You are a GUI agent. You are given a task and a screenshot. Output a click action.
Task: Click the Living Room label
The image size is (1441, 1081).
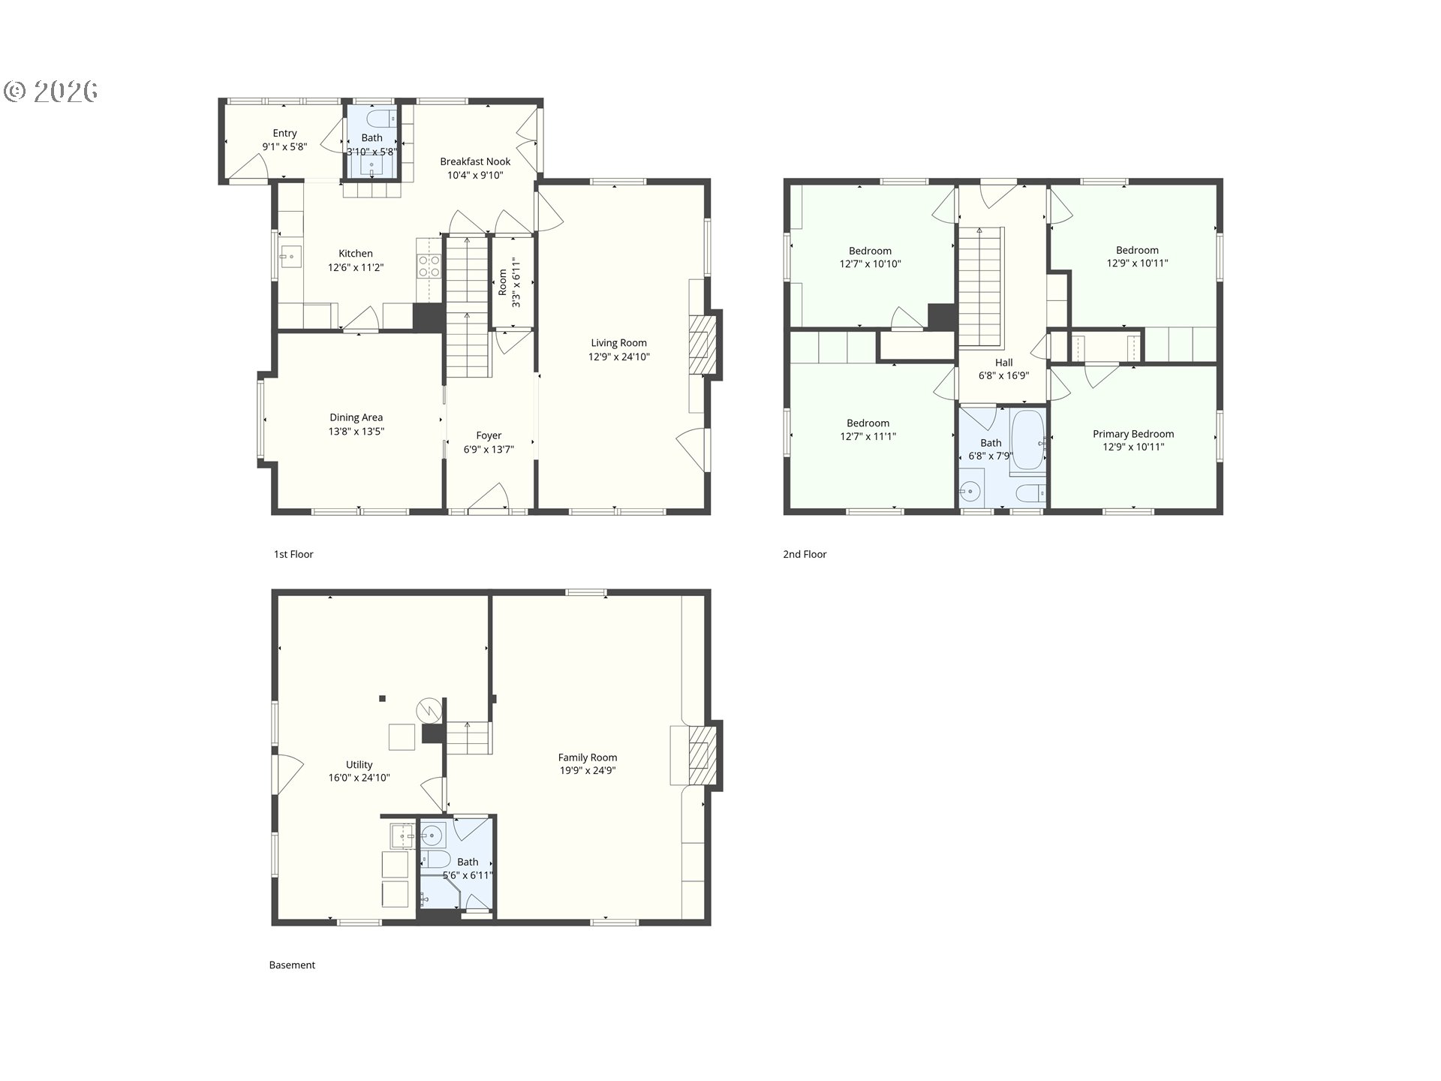click(x=618, y=343)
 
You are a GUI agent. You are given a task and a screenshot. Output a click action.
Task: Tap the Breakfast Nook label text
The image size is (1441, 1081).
click(x=475, y=161)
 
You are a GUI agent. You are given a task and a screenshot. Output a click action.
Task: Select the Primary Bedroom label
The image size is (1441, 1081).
click(x=1133, y=434)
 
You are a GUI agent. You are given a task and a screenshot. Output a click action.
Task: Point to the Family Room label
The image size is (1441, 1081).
click(x=587, y=757)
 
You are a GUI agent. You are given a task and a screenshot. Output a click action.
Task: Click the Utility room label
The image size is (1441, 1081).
click(x=359, y=765)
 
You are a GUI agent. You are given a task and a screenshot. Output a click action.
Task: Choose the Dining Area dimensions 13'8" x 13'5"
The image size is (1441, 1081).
click(x=356, y=432)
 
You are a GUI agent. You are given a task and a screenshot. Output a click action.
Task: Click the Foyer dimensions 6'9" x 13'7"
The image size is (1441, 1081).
click(x=489, y=450)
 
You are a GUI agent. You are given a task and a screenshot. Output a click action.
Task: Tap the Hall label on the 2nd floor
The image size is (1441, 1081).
click(x=1003, y=363)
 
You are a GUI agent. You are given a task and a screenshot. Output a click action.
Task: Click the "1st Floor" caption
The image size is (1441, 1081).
click(x=293, y=554)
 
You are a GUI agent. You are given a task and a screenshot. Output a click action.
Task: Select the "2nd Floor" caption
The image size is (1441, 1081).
click(x=805, y=554)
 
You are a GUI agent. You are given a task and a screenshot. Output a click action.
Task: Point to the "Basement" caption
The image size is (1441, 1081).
click(x=292, y=965)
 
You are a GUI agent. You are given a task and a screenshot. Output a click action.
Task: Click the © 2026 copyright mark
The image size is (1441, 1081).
click(x=51, y=92)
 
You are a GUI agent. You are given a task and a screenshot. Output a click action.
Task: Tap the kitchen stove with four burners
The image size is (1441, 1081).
click(x=429, y=266)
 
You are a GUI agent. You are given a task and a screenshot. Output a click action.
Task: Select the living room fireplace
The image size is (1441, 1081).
click(x=703, y=345)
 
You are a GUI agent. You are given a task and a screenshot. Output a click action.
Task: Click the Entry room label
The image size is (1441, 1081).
click(x=284, y=134)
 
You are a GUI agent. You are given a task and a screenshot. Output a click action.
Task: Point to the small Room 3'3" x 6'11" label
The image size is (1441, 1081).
click(x=509, y=282)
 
